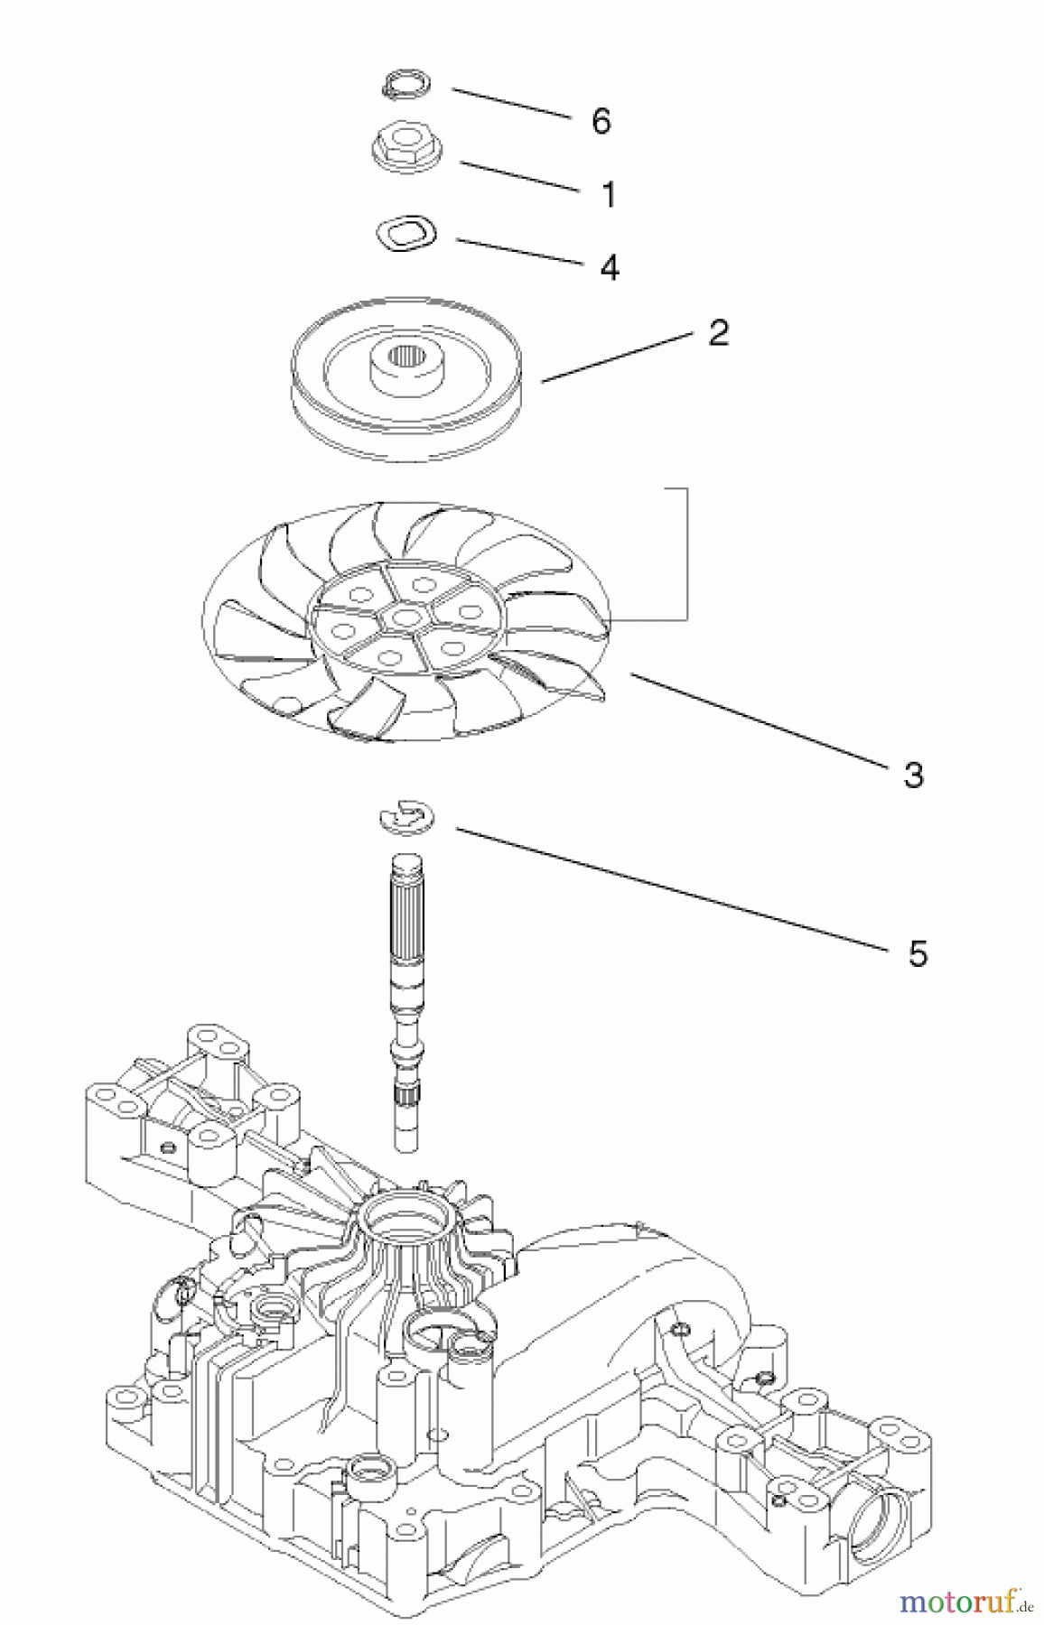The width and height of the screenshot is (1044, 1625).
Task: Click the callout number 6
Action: (601, 121)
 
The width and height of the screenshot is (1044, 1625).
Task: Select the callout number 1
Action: (609, 194)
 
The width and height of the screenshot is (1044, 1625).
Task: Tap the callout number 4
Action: (610, 267)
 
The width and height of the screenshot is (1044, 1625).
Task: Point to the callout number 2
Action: (718, 333)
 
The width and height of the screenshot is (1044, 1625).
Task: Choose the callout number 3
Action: (913, 775)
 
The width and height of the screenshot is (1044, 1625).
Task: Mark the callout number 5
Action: (918, 953)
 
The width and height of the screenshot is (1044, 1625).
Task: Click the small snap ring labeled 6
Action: (404, 87)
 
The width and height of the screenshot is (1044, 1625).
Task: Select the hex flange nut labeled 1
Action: (403, 150)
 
